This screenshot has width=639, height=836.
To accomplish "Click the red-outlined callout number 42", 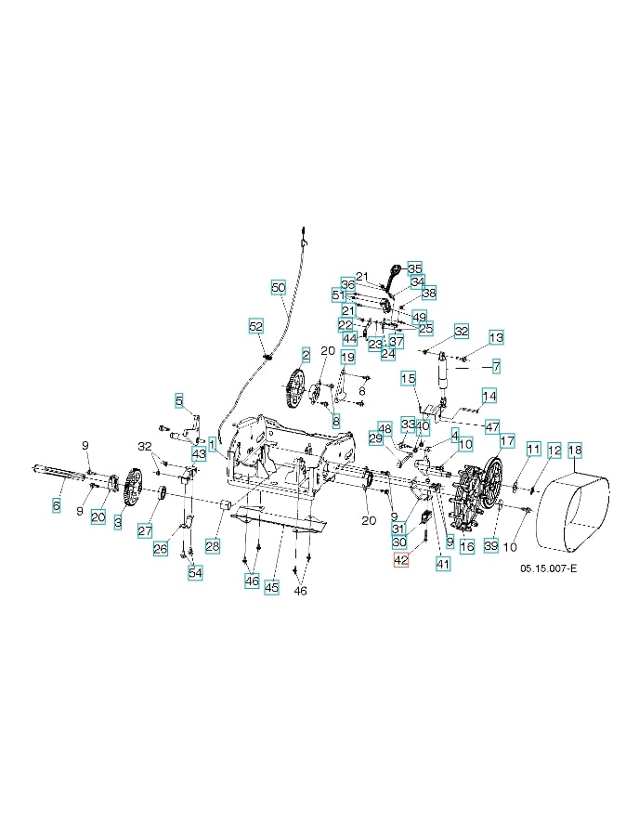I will click(400, 560).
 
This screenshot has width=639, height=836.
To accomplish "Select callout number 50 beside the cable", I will click(279, 288).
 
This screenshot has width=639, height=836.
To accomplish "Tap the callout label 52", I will click(256, 326).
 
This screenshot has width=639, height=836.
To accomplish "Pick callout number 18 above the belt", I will click(575, 451).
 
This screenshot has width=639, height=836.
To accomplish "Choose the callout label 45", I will click(271, 587).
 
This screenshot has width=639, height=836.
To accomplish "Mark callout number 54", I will click(195, 572).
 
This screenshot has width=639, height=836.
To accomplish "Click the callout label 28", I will click(213, 546).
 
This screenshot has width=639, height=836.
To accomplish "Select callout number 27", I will click(145, 530).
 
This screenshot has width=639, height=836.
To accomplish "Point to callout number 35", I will click(414, 268).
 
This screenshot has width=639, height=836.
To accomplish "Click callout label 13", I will click(496, 337).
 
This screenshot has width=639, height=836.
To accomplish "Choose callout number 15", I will click(408, 378).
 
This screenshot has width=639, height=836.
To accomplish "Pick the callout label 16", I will click(467, 547).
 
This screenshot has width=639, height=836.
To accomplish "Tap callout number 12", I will click(554, 451).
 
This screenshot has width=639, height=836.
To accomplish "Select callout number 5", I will click(178, 400).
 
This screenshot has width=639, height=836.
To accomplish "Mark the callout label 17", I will click(506, 440).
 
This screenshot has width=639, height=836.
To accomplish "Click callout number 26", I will click(161, 548).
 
